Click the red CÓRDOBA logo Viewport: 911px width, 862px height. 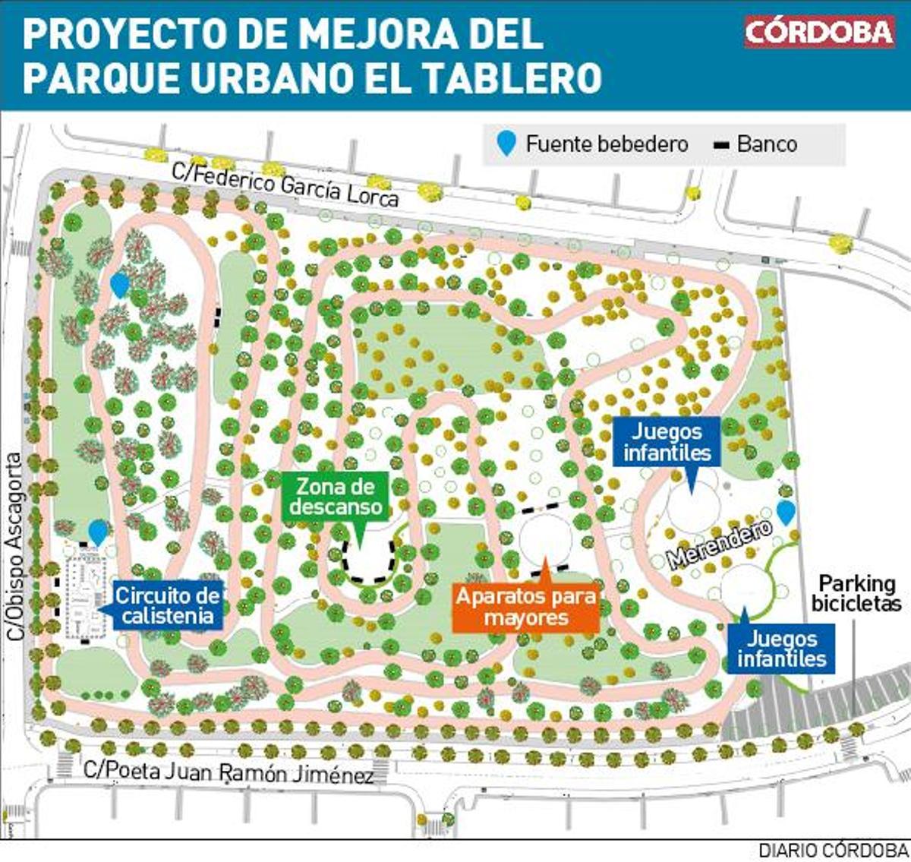(818, 32)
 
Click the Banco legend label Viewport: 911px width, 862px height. (766, 144)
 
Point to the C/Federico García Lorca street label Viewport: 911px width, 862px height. (285, 183)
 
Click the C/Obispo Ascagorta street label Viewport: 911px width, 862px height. (15, 546)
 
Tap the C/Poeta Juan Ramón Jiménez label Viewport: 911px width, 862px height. (228, 772)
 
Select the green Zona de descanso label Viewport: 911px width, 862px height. (336, 496)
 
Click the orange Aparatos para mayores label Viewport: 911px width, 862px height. (525, 607)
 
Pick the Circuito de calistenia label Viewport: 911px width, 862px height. (168, 605)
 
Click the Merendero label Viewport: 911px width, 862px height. (719, 544)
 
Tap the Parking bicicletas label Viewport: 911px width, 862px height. (856, 593)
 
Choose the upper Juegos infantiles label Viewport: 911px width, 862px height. (667, 442)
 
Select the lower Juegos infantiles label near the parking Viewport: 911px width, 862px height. (781, 648)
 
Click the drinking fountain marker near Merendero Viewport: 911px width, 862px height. (785, 511)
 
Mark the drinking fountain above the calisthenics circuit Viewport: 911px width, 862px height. (98, 531)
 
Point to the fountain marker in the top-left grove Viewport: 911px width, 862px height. (119, 284)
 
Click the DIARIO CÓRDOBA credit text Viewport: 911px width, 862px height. (833, 850)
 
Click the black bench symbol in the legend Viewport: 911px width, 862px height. (721, 144)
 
